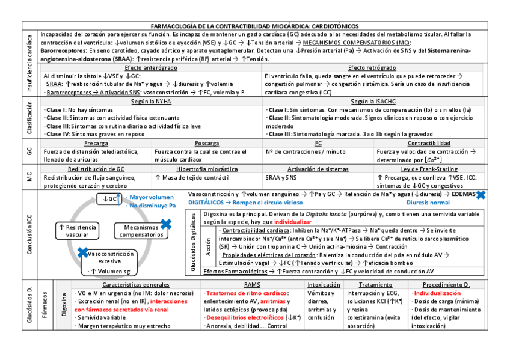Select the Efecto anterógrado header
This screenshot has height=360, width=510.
(x=150, y=67)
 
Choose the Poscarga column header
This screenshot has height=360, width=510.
(x=207, y=144)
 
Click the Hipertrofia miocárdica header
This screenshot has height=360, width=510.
(x=206, y=169)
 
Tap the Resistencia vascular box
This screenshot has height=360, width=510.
(x=76, y=231)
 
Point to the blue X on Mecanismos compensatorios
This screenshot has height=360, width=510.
(x=167, y=224)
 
